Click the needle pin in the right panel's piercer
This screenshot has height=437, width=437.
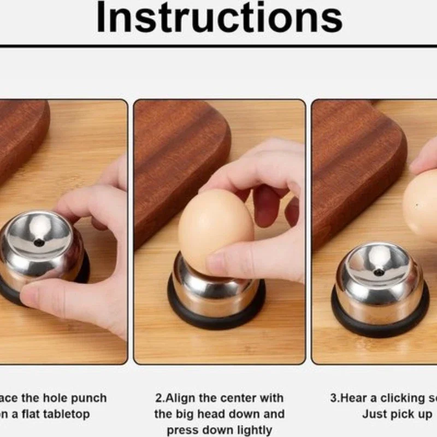pyautogui.click(x=378, y=271)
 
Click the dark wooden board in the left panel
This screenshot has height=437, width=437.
pyautogui.click(x=22, y=137)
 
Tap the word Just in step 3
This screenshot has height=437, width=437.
pyautogui.click(x=374, y=414)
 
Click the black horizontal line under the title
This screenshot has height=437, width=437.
pyautogui.click(x=218, y=46)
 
